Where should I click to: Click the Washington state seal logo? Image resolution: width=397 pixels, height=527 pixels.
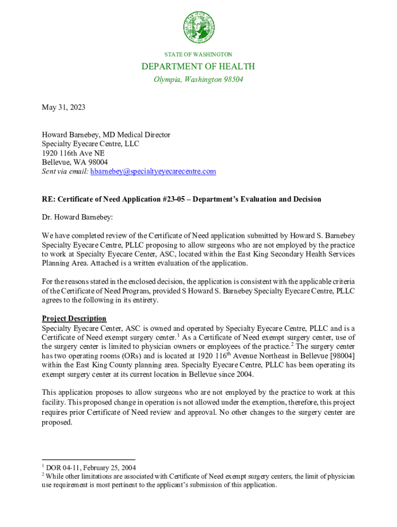(x=198, y=27)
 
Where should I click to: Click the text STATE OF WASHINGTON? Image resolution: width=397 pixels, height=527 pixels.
(x=198, y=54)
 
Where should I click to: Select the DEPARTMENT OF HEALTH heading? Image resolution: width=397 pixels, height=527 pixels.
(x=198, y=66)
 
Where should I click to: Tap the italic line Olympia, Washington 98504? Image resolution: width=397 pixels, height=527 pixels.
(x=198, y=80)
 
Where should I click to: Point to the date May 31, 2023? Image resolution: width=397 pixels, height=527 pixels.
(x=63, y=107)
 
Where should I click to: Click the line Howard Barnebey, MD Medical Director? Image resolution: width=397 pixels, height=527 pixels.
(x=106, y=135)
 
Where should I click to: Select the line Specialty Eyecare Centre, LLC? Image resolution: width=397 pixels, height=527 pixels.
(x=91, y=144)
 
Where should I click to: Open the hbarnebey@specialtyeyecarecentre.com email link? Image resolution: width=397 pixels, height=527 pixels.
(x=153, y=171)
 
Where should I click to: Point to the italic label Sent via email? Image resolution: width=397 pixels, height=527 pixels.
(x=65, y=171)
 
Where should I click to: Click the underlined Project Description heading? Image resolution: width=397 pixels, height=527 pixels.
(x=74, y=319)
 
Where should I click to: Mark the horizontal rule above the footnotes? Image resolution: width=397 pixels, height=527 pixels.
(x=88, y=460)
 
